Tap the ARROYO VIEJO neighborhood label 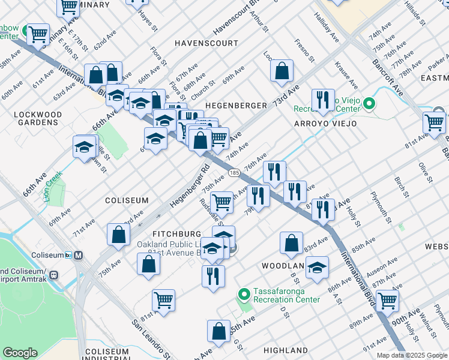pyautogui.click(x=325, y=124)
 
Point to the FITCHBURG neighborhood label pyautogui.click(x=176, y=233)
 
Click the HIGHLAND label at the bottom pyautogui.click(x=285, y=350)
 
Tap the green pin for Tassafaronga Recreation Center pyautogui.click(x=244, y=295)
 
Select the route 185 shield pyautogui.click(x=234, y=173)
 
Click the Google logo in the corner pyautogui.click(x=20, y=353)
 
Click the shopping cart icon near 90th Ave pyautogui.click(x=387, y=300)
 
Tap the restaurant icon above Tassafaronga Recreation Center pyautogui.click(x=213, y=276)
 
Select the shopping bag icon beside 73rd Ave pyautogui.click(x=282, y=71)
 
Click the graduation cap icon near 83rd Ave pyautogui.click(x=317, y=268)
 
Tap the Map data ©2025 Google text pyautogui.click(x=411, y=355)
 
